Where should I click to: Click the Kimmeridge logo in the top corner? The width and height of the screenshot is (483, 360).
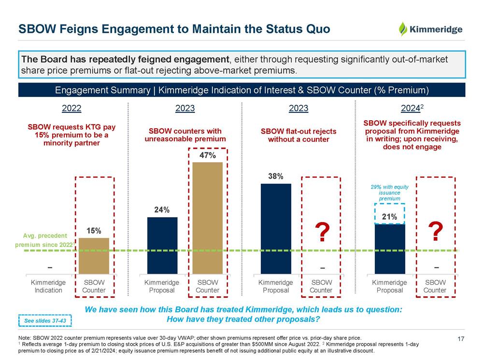coord(430,29)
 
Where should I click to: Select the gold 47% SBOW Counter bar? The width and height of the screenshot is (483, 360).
coord(208,217)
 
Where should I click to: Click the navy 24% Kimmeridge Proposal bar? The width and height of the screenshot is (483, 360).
coord(162,245)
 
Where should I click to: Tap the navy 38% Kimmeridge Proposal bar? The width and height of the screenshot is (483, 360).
coord(276,228)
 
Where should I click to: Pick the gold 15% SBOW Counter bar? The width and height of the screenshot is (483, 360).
coord(94,256)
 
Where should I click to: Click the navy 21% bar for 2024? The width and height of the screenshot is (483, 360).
coord(390,249)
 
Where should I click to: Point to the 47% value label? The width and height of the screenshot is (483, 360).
coord(208,156)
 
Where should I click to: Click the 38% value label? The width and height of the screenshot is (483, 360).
coord(276,177)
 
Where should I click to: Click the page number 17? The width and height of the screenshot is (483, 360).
coord(460,339)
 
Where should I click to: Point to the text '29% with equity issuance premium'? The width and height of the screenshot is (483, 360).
coord(390,192)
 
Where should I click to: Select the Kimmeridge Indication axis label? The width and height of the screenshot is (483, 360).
coord(48,286)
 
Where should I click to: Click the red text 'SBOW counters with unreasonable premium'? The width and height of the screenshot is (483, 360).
coord(185,135)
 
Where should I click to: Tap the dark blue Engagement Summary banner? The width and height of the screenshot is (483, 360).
coord(241,90)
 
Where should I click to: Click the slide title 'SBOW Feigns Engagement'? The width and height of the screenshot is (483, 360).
coord(174,29)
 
